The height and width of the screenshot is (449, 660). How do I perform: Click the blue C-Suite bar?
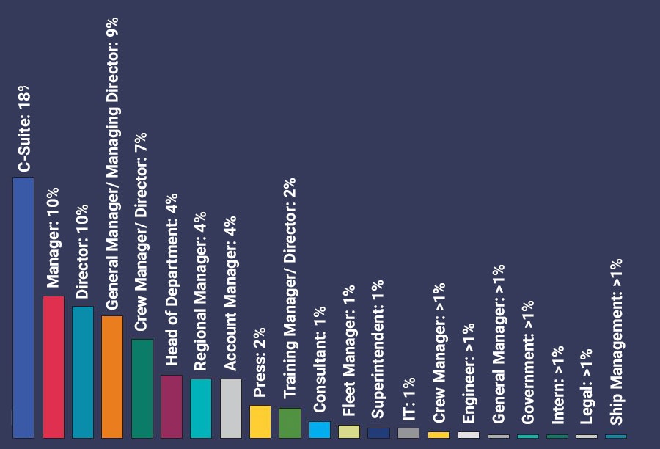[23, 307]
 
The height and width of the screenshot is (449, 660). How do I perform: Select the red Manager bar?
[54, 367]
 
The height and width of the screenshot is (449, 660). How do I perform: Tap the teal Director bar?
[83, 372]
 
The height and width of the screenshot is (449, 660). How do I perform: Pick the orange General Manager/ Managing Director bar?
[112, 376]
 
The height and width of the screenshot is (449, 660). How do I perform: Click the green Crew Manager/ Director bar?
[142, 388]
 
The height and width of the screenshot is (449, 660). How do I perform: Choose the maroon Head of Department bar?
[172, 406]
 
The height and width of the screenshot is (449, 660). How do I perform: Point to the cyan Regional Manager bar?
[201, 408]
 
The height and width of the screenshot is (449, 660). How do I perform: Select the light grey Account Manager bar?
[230, 408]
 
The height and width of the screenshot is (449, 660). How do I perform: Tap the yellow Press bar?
[260, 421]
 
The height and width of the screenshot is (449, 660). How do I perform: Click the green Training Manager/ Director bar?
[290, 423]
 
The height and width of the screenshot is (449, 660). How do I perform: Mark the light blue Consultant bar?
[320, 429]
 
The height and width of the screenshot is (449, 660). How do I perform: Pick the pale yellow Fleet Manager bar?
[349, 431]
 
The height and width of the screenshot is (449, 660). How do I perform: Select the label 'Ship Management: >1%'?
[616, 342]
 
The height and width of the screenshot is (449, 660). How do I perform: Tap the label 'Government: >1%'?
[527, 361]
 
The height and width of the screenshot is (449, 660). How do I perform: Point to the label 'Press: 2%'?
[260, 363]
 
